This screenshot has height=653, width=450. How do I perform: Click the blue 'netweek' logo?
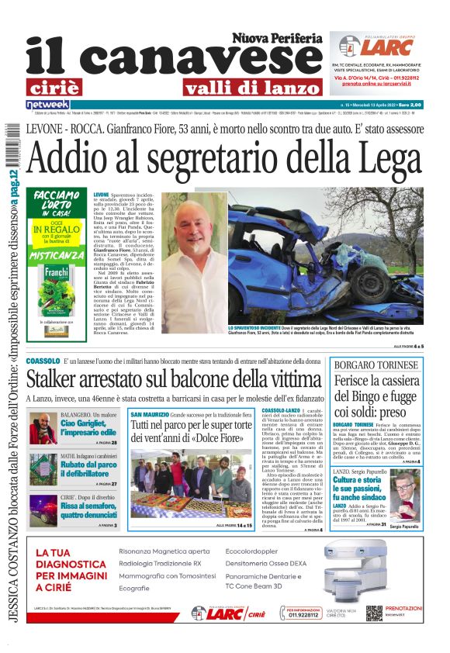[47, 104]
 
